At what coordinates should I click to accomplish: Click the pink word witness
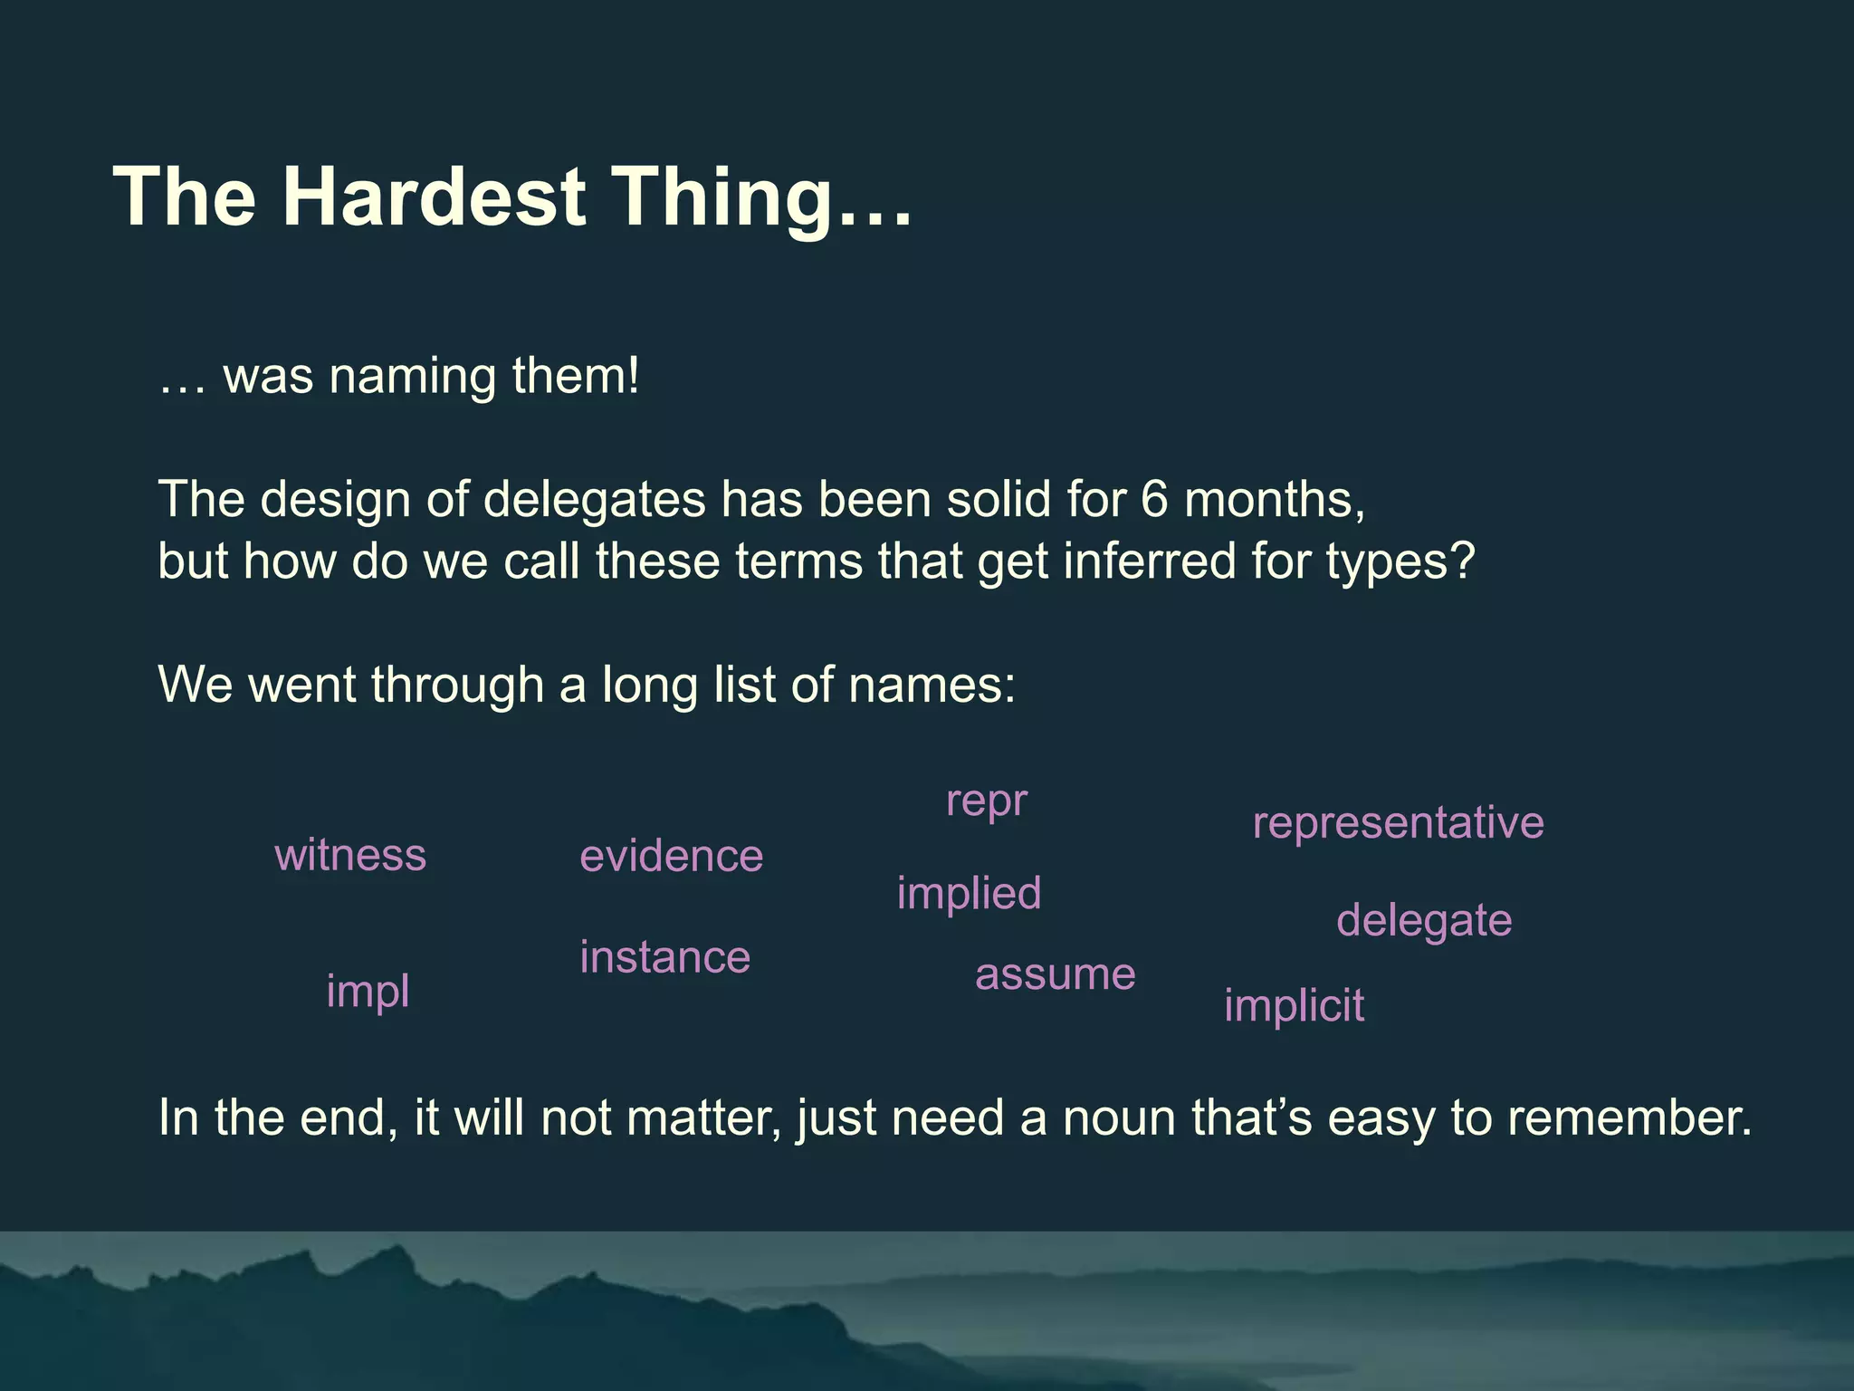[x=350, y=855]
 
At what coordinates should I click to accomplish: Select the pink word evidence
[x=671, y=857]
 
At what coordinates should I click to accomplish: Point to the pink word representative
[x=1398, y=823]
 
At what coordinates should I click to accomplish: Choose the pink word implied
[x=969, y=894]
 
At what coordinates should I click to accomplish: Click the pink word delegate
[x=1423, y=921]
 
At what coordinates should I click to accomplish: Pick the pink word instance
[x=664, y=957]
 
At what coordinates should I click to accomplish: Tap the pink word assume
[x=1055, y=975]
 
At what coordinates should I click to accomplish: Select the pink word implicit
[x=1293, y=1006]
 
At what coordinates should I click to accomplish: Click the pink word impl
[x=368, y=992]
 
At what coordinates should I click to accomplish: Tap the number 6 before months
[x=1154, y=499]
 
